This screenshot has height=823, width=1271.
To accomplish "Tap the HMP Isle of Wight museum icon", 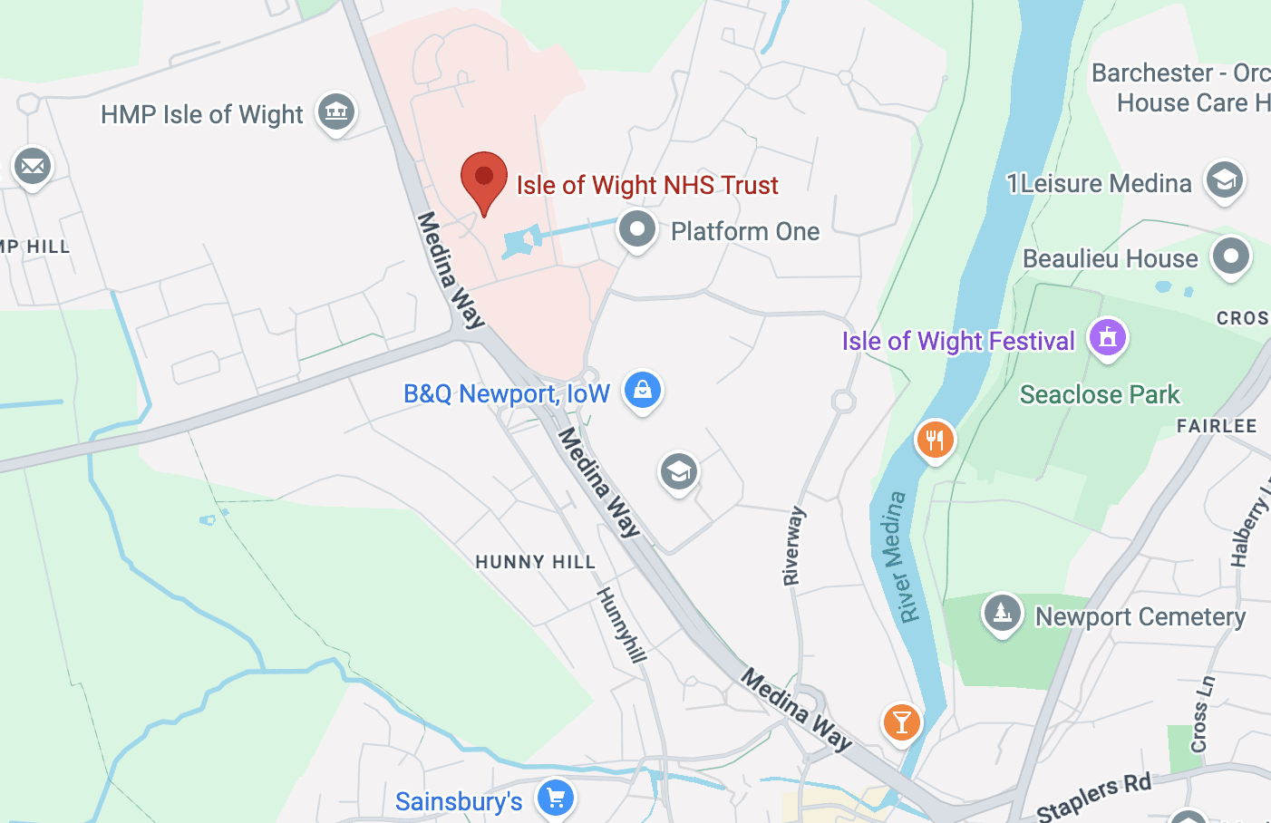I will click(x=336, y=112).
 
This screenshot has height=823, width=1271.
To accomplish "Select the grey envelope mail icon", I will click(x=33, y=167).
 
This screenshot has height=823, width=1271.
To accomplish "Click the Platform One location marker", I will click(x=637, y=230).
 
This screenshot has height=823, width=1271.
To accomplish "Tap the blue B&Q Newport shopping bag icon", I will click(x=643, y=391).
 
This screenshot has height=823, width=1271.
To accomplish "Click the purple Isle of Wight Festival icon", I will click(x=1107, y=338).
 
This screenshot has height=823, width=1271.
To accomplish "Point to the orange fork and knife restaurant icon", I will click(x=935, y=441).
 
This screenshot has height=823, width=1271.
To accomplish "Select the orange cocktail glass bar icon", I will click(x=901, y=722).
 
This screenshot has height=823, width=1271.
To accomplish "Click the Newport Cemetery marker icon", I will click(x=1002, y=614).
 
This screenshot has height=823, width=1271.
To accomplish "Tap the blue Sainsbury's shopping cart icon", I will click(x=556, y=799).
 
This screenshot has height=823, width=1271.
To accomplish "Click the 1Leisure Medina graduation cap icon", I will click(x=1224, y=180).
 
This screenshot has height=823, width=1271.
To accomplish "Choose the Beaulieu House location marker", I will click(x=1230, y=257).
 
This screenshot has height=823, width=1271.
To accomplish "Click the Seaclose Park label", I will click(x=1099, y=395).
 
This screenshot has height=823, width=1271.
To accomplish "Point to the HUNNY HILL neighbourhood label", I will click(x=535, y=562).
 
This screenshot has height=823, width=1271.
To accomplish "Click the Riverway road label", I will click(x=792, y=546).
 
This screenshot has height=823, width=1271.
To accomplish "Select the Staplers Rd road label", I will click(x=1093, y=796).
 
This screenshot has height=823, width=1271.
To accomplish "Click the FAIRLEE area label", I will click(x=1216, y=426).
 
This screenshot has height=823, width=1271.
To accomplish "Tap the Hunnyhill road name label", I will click(x=621, y=625).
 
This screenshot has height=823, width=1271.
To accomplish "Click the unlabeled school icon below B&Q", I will click(x=678, y=471).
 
